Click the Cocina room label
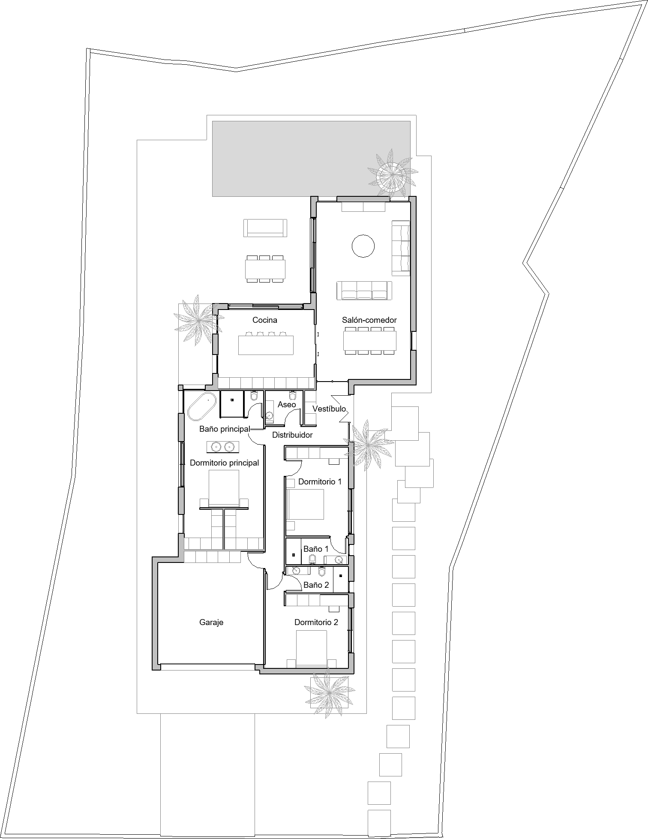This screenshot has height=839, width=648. (x=264, y=320)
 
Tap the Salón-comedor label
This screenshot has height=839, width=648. (x=369, y=320)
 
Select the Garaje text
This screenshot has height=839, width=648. (x=211, y=622)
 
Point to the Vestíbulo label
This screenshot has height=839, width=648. (x=329, y=409)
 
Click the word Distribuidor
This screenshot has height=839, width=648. (x=292, y=435)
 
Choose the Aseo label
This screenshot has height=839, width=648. (x=287, y=404)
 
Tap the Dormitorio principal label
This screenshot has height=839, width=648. (x=224, y=463)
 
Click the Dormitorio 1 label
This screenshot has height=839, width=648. (x=320, y=481)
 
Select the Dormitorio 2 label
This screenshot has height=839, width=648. (x=316, y=622)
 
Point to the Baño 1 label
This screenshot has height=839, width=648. (x=316, y=549)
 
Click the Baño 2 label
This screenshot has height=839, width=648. (x=316, y=585)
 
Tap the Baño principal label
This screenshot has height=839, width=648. (x=225, y=429)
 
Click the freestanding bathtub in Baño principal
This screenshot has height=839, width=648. (x=202, y=406)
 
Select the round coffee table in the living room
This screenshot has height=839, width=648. (x=363, y=246)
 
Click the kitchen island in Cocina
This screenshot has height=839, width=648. (x=266, y=345)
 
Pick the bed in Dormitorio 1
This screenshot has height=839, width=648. (x=305, y=505)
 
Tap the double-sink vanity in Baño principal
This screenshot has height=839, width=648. (x=223, y=447)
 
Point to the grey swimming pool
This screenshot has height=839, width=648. (x=312, y=158)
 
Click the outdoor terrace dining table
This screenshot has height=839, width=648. (x=265, y=269)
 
